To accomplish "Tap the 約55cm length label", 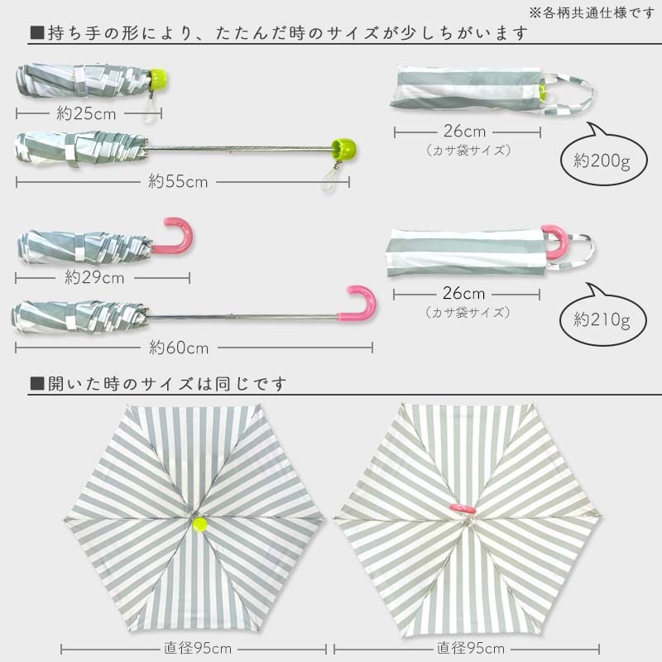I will pyautogui.click(x=178, y=182).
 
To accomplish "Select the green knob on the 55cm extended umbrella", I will pyautogui.click(x=342, y=149).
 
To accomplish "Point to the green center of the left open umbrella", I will pyautogui.click(x=199, y=523).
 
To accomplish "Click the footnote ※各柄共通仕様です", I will pyautogui.click(x=592, y=12).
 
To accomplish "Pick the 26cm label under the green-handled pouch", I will pyautogui.click(x=464, y=132).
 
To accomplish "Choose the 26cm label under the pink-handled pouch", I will pyautogui.click(x=464, y=294).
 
